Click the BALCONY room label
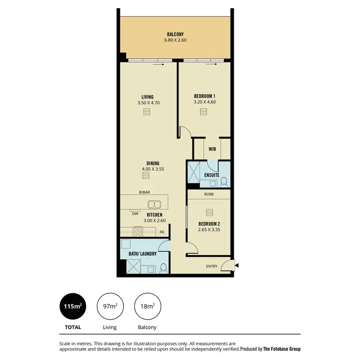175,34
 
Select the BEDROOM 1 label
204,96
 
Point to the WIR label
212,149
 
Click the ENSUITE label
212,175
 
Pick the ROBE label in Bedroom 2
209,195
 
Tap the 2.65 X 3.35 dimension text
209,229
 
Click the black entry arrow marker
237,264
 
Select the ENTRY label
212,266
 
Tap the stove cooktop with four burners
138,231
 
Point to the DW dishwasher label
135,214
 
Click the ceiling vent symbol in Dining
146,176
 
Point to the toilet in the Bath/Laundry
163,267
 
